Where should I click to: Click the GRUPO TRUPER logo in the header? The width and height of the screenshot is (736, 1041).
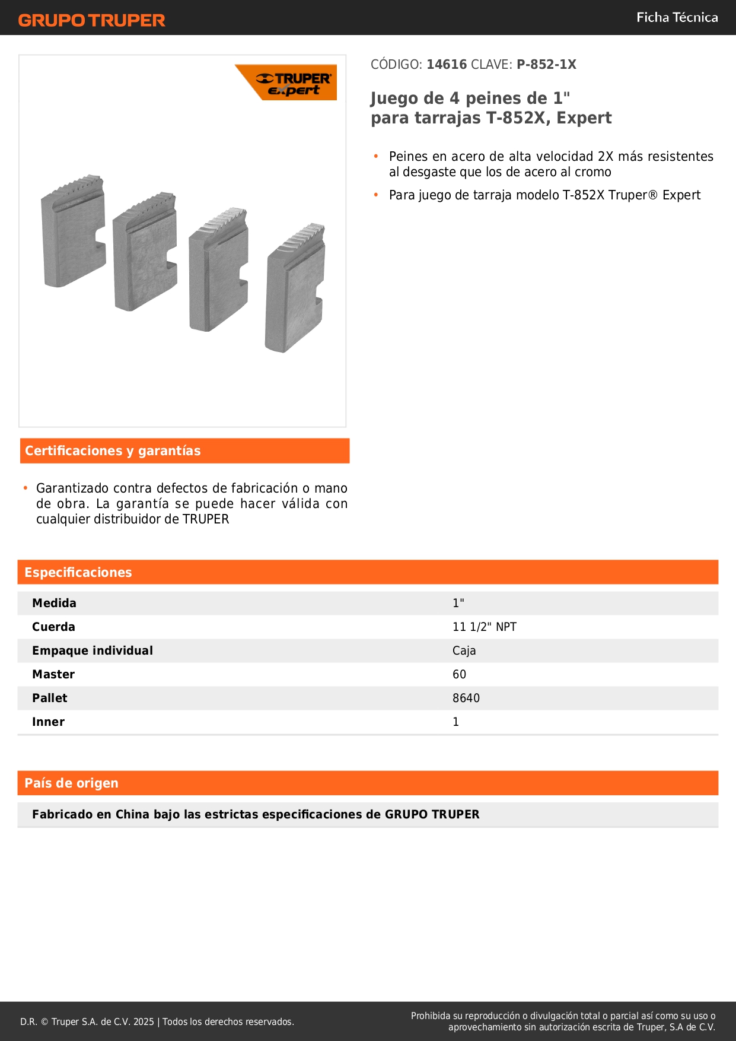(x=91, y=20)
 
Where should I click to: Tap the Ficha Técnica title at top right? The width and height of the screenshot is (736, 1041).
(x=677, y=18)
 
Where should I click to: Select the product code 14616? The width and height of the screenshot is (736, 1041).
(x=447, y=65)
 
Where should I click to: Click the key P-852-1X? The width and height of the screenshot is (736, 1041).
(x=546, y=65)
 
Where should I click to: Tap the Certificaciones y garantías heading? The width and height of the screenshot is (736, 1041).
(x=113, y=451)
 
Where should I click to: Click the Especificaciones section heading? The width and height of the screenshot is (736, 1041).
(x=78, y=573)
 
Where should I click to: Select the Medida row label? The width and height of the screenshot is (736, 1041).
(x=54, y=604)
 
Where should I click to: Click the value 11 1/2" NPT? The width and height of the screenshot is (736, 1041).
(x=484, y=627)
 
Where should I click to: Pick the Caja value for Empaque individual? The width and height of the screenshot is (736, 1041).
(x=464, y=651)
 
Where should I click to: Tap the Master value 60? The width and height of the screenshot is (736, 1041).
(x=459, y=675)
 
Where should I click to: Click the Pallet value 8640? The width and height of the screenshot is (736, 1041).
(x=466, y=699)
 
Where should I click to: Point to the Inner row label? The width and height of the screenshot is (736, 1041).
(x=48, y=722)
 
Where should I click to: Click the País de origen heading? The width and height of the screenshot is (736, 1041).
(x=71, y=783)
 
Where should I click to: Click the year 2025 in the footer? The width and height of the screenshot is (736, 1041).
(x=144, y=1022)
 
